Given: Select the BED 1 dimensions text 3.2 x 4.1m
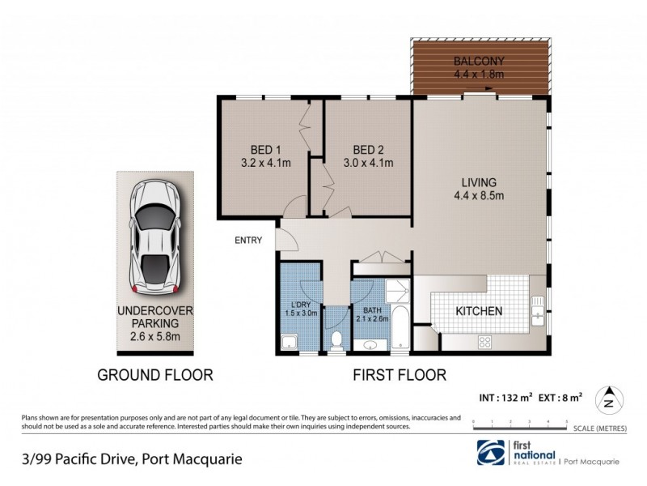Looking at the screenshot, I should point(265,163).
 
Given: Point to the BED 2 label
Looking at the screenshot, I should point(369,149).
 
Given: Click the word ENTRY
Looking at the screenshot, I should point(248,240).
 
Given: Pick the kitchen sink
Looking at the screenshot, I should point(538,311).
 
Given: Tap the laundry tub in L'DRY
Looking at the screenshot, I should point(288,343).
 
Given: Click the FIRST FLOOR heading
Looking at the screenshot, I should point(399,375).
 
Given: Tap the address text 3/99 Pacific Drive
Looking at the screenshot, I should point(77,460).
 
